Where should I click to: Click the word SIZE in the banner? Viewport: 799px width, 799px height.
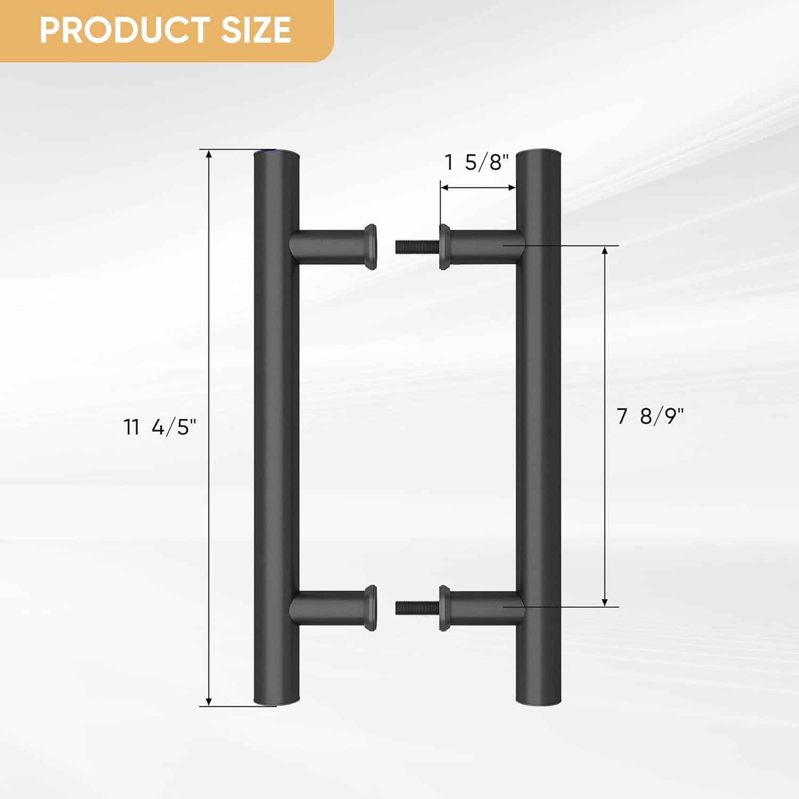click(x=256, y=30)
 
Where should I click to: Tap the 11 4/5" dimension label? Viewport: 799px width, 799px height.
click(x=160, y=427)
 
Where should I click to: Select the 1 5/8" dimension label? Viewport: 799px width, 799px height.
click(x=477, y=162)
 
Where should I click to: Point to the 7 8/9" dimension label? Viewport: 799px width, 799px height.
click(x=649, y=416)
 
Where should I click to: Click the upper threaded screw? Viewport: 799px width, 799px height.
click(x=417, y=247)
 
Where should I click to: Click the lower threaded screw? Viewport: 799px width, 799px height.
click(x=417, y=607)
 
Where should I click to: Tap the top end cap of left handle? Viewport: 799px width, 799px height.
click(x=276, y=155)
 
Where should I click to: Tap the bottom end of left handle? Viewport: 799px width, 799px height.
click(x=276, y=702)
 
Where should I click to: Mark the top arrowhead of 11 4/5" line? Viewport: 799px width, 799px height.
click(x=209, y=155)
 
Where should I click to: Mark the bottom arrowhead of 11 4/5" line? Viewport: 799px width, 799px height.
click(x=209, y=700)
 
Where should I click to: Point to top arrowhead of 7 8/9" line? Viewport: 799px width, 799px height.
click(x=605, y=251)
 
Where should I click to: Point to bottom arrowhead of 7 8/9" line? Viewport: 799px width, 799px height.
click(x=605, y=601)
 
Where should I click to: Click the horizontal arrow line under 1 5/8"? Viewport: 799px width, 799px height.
click(x=478, y=187)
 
